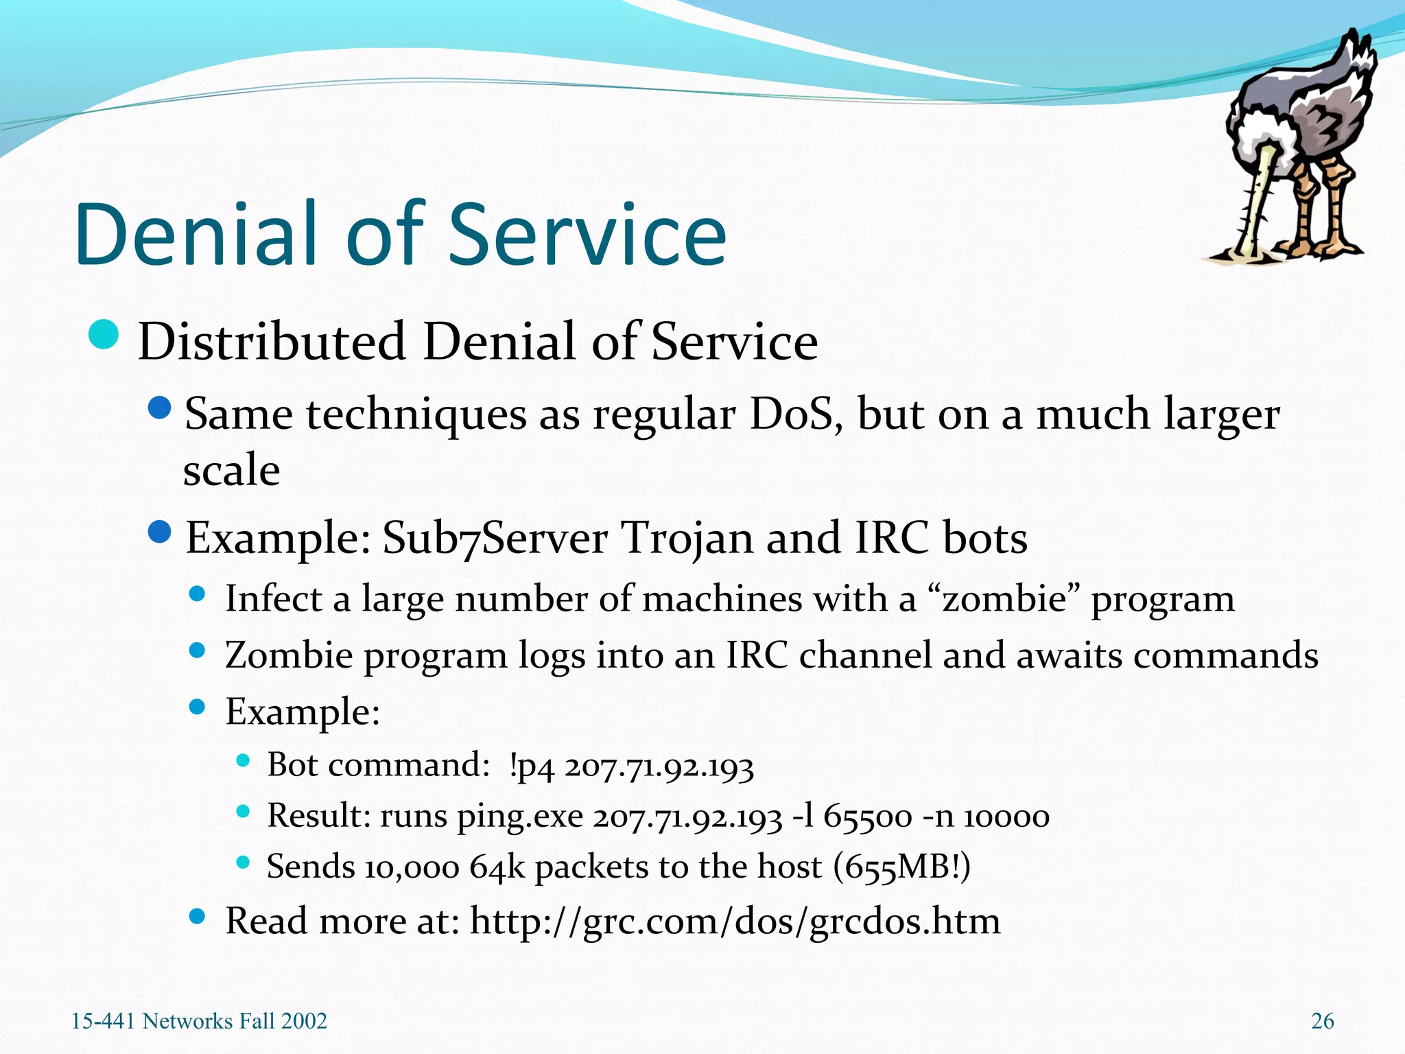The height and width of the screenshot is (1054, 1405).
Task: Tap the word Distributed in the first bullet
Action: pos(272,342)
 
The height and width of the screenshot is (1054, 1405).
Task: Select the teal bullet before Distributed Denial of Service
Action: pos(104,335)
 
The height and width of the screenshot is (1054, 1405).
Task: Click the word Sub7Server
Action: pos(495,538)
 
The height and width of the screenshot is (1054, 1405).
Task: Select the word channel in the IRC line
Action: pos(865,655)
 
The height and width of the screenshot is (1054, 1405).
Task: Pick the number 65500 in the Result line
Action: pos(867,817)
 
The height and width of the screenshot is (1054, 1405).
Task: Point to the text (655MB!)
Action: pos(901,867)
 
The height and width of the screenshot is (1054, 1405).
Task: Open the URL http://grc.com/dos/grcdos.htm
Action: pos(735,922)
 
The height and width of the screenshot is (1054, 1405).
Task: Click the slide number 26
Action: pos(1322,1021)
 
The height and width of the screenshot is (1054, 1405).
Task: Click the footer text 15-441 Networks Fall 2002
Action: pos(199,1021)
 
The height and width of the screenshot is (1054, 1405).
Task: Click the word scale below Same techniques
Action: pos(231,471)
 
